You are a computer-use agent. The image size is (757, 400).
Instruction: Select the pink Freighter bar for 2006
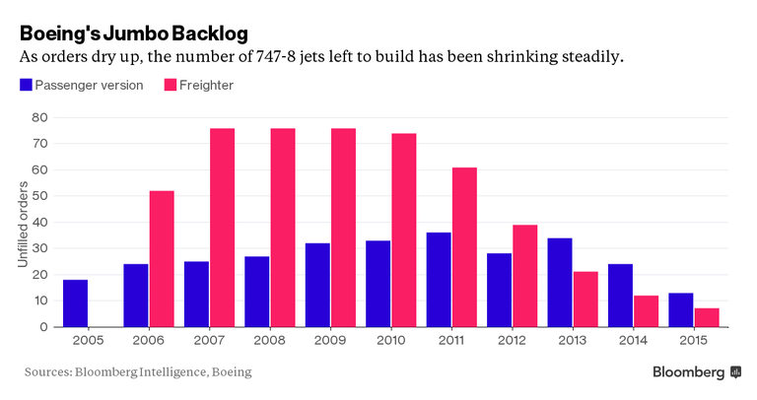click(x=162, y=259)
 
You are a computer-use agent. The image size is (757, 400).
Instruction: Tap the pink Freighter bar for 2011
click(x=464, y=247)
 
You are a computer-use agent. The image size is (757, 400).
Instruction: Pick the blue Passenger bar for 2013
click(x=561, y=283)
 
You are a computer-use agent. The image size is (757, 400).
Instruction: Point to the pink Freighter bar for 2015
click(x=707, y=317)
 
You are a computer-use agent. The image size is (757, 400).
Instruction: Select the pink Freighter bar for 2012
click(x=524, y=276)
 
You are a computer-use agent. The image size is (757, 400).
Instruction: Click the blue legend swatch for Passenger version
click(x=26, y=85)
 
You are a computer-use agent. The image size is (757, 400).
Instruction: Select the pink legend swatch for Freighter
click(x=170, y=85)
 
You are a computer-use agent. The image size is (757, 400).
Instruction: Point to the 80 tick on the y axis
click(x=39, y=117)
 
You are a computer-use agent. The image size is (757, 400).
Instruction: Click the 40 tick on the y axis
click(x=39, y=222)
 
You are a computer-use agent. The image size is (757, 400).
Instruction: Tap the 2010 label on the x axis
click(x=391, y=341)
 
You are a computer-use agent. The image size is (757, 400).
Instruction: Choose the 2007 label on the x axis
click(x=210, y=341)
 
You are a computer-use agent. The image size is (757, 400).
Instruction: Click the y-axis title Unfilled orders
click(x=22, y=223)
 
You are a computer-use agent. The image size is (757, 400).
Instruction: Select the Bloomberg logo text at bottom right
click(x=688, y=372)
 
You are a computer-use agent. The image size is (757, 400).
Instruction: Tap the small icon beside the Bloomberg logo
click(x=734, y=372)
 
